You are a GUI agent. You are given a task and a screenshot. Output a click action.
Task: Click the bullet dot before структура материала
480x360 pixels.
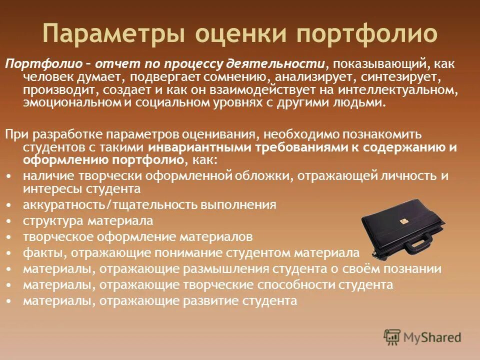[x=11, y=221]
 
